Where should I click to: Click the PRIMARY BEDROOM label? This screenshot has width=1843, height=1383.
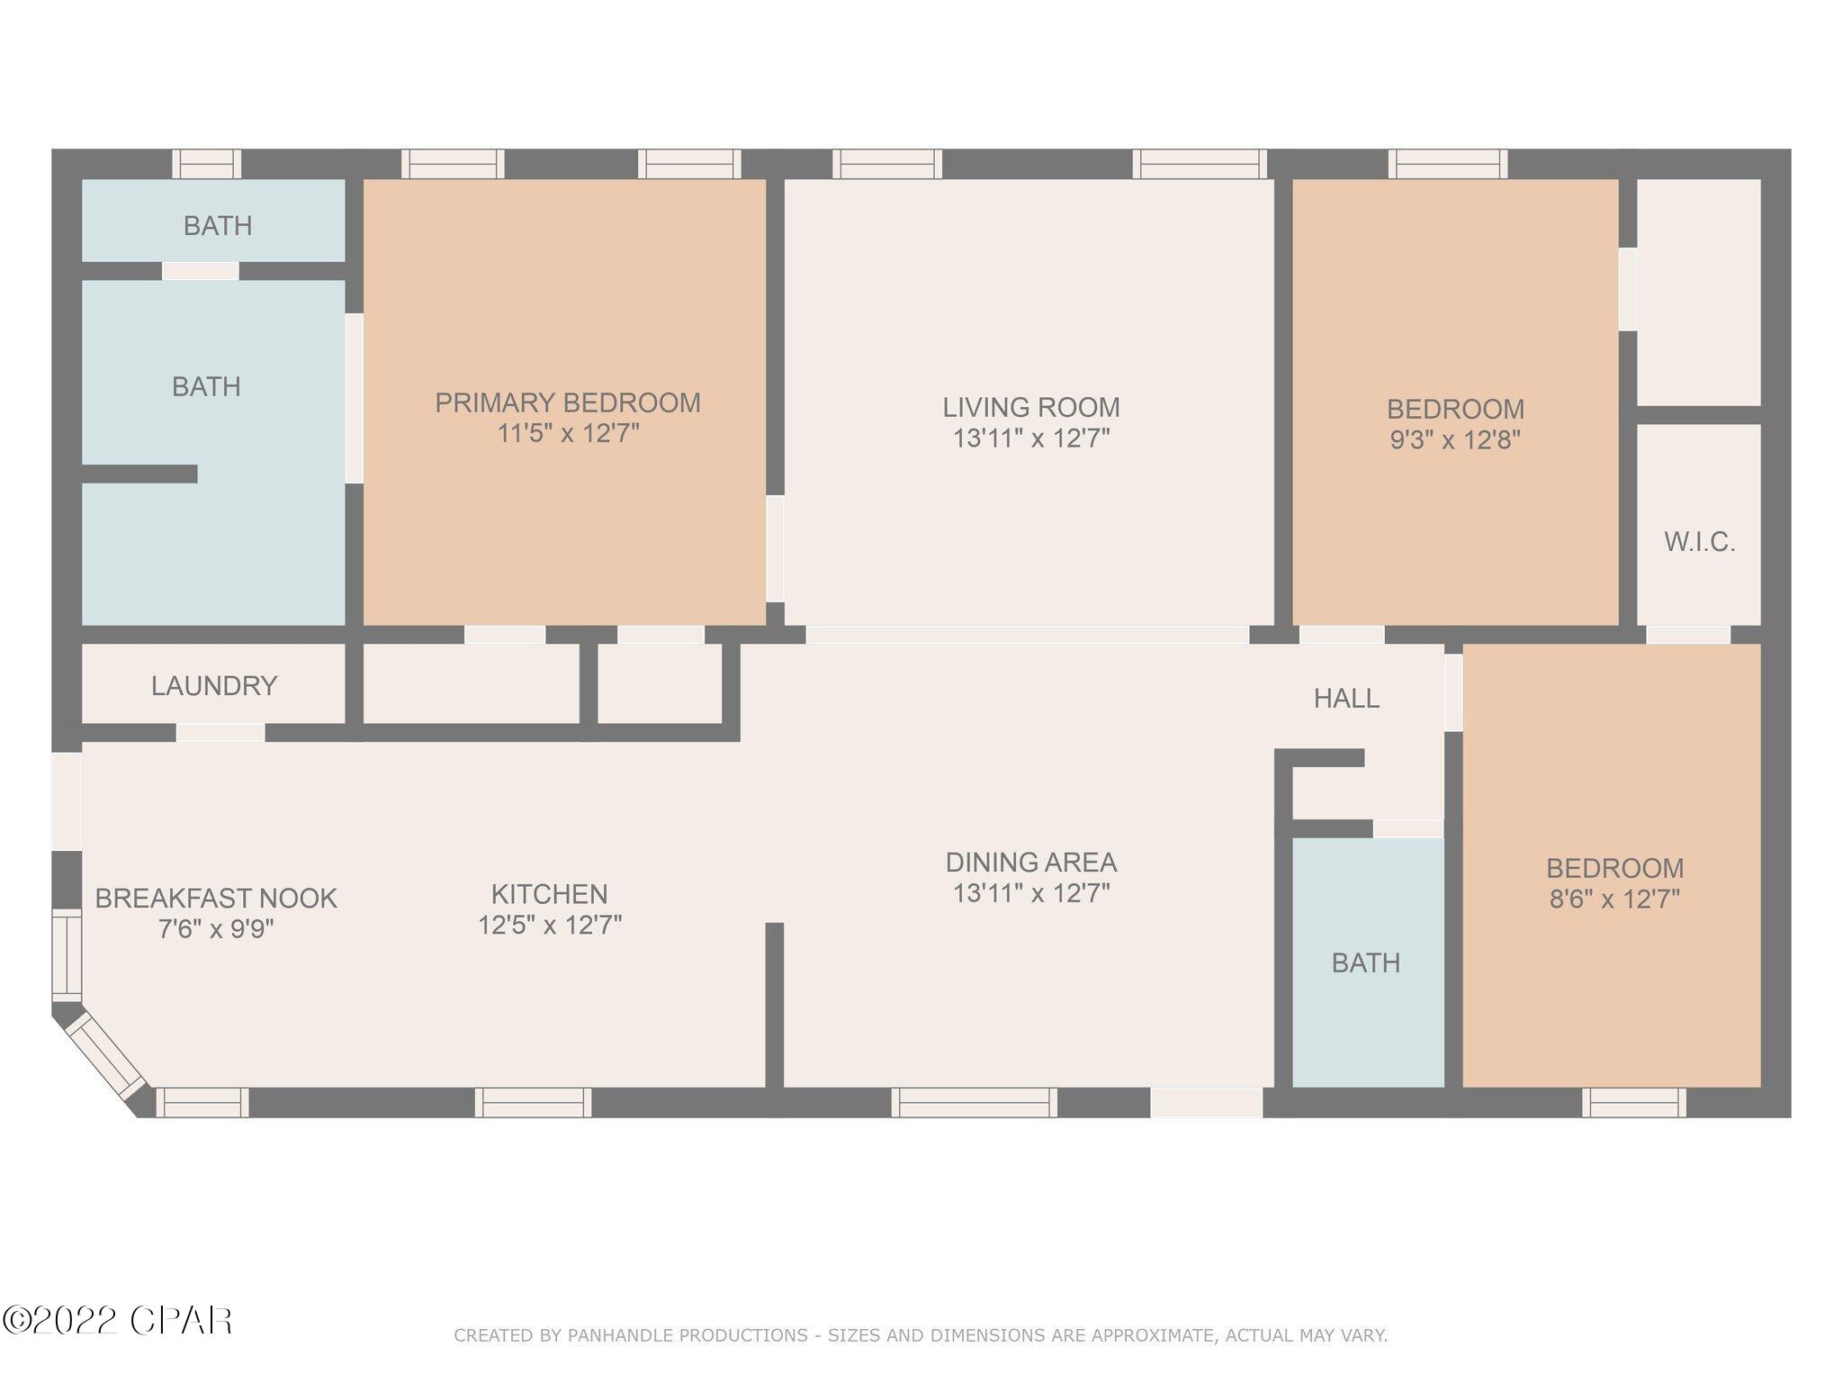click(x=568, y=402)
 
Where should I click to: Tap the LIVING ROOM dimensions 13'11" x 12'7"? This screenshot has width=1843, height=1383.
click(x=1030, y=438)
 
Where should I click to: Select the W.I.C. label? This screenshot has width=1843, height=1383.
click(x=1699, y=542)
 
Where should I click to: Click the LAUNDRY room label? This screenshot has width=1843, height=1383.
click(x=214, y=686)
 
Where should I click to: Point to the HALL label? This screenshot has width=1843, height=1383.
click(x=1346, y=698)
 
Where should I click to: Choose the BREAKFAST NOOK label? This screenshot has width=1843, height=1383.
click(x=216, y=898)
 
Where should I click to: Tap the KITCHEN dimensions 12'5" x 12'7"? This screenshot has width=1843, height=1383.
click(x=550, y=925)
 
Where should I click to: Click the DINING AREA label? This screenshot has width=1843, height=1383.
click(x=1031, y=863)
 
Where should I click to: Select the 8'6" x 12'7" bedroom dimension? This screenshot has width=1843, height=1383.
click(x=1614, y=899)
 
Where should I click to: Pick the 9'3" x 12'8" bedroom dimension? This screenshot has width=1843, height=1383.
click(x=1455, y=439)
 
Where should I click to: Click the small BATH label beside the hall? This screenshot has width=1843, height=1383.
click(x=1365, y=963)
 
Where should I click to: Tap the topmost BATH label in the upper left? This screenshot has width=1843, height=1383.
click(x=218, y=225)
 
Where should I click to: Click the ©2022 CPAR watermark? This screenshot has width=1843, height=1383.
click(x=117, y=1321)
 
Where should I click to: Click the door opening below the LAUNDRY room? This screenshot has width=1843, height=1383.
click(x=220, y=732)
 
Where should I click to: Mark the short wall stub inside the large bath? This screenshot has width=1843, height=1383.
click(x=139, y=474)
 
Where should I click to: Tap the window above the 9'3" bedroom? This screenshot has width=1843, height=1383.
click(x=1447, y=164)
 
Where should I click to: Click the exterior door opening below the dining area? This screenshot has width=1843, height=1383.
click(x=1207, y=1102)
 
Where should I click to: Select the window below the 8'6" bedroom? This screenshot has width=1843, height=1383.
click(x=1634, y=1102)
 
